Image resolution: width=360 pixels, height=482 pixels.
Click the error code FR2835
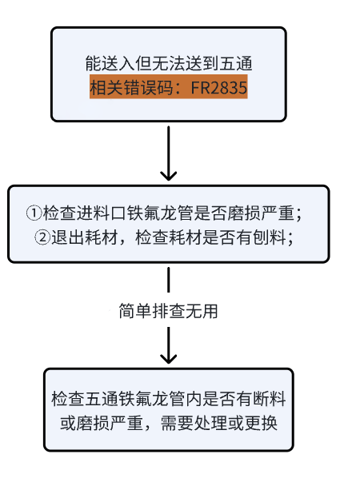coord(218,87)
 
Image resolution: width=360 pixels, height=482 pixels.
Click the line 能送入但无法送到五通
coord(169,64)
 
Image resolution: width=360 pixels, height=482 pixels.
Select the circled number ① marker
coord(34,213)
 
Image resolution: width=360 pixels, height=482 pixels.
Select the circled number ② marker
coord(42,237)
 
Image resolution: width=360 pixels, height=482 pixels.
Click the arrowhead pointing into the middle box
coord(169,176)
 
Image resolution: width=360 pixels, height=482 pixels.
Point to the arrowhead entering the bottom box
coord(169,359)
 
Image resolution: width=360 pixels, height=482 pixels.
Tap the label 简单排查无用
coord(168,311)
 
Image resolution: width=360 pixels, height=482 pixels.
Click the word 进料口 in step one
coord(102,213)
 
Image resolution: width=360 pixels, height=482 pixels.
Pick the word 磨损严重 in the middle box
coord(261,213)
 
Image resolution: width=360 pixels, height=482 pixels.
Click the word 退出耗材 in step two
coord(85,237)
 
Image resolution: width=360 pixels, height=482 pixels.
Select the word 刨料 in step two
coord(270,237)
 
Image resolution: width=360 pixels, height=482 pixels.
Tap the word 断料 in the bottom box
coord(270,399)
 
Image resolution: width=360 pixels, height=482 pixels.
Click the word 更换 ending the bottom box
coord(261,423)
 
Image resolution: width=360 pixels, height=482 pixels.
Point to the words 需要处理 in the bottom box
coord(194,423)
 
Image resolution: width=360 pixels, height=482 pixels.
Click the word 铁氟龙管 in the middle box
coord(160,213)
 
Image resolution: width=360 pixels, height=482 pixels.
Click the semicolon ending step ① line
coord(298,214)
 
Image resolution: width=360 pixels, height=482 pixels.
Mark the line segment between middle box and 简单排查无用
coord(169,280)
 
